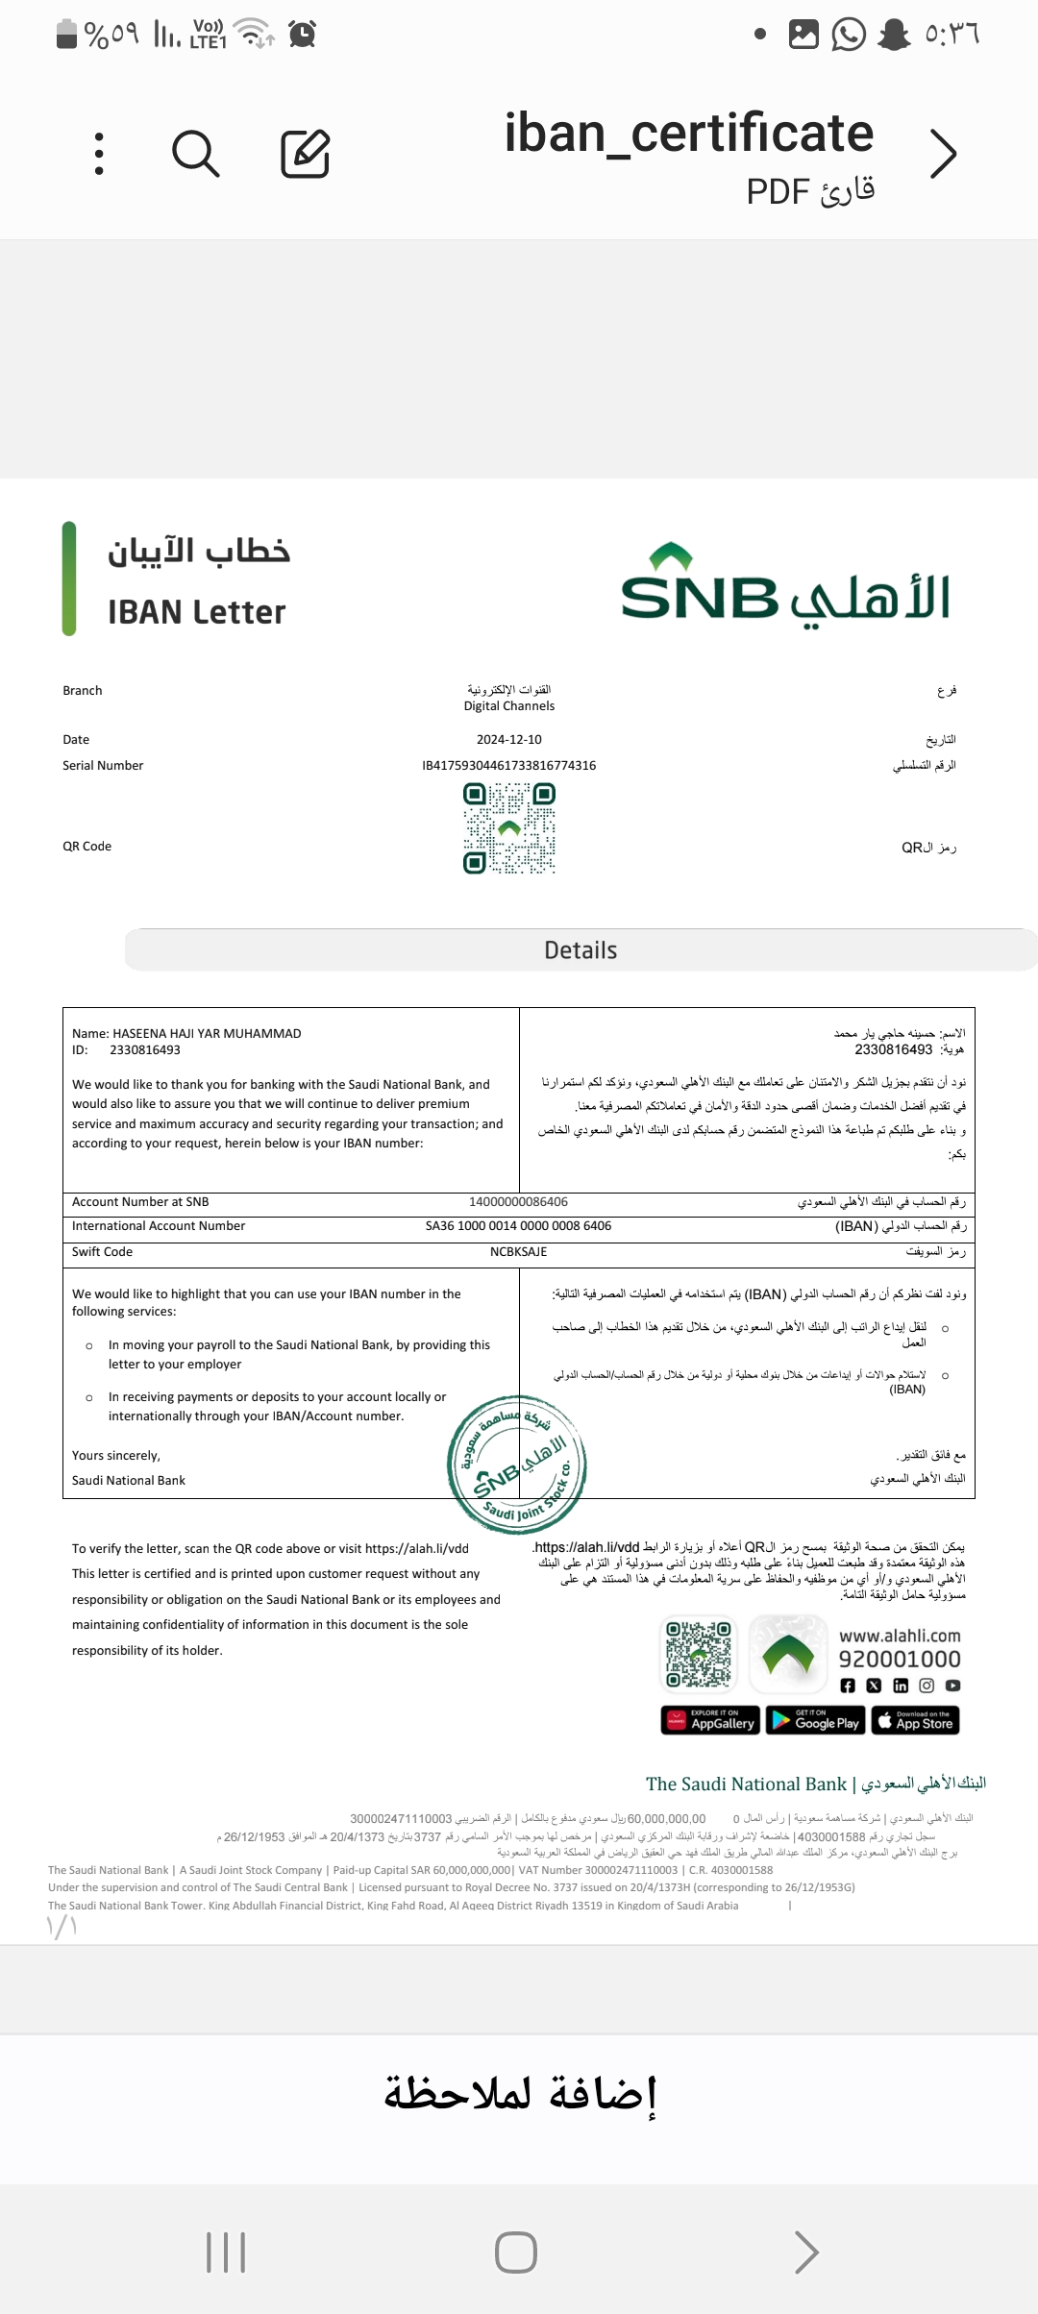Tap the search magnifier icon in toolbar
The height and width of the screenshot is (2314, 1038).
(x=196, y=154)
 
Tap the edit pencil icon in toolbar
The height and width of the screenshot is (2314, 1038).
(x=305, y=154)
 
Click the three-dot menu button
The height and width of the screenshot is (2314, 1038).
(x=99, y=154)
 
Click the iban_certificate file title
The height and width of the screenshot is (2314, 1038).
(x=688, y=133)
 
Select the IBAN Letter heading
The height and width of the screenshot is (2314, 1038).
(x=196, y=612)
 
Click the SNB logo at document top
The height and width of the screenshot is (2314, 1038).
(x=785, y=584)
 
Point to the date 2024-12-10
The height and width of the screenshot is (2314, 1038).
(x=508, y=740)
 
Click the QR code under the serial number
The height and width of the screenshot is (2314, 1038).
(x=509, y=828)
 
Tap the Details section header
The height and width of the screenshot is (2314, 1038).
(x=581, y=950)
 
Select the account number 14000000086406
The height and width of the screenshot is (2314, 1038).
(x=518, y=1202)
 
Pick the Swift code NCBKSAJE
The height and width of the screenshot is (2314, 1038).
(x=518, y=1252)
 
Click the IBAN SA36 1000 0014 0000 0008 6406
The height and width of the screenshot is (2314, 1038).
(x=518, y=1226)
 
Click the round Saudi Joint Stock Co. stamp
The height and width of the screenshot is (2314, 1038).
(x=517, y=1465)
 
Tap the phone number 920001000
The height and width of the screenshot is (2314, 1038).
(x=900, y=1660)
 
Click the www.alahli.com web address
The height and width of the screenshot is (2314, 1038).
(x=900, y=1636)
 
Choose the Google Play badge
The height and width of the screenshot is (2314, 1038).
(x=816, y=1720)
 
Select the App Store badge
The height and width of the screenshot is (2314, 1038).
(x=915, y=1720)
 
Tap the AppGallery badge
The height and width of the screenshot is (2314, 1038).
(x=710, y=1720)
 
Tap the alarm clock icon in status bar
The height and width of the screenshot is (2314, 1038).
(x=303, y=35)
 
